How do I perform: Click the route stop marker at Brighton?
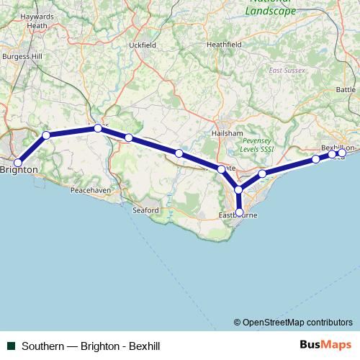tap(18, 163)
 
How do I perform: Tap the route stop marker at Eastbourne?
tap(239, 212)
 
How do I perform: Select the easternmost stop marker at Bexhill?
tap(342, 153)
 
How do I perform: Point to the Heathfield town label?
tap(224, 44)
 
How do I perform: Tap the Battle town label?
tap(346, 89)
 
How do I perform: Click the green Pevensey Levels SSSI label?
tap(257, 144)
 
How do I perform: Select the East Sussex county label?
tap(287, 71)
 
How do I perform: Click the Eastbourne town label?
tap(238, 216)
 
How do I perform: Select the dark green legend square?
tap(11, 346)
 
